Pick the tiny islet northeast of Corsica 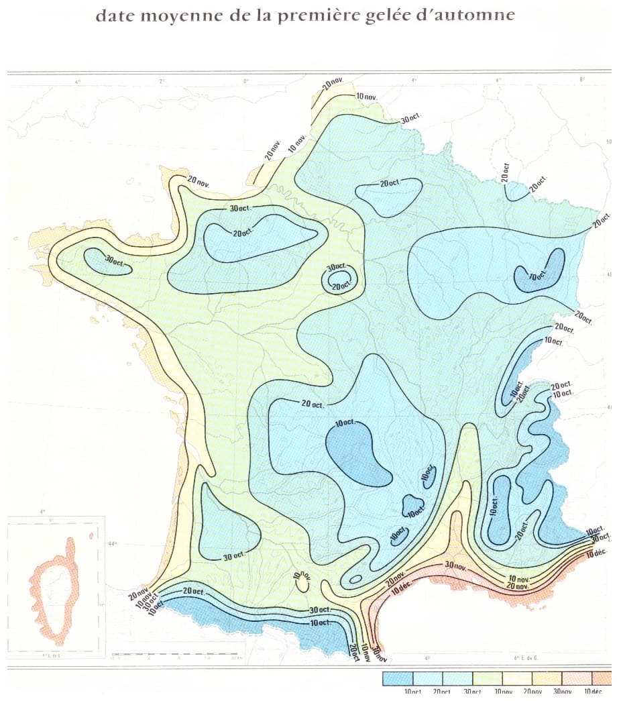click(91, 535)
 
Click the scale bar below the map click(176, 653)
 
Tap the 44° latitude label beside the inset click(111, 544)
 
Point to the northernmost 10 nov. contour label click(367, 97)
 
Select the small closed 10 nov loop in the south click(302, 581)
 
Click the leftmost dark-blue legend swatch click(397, 678)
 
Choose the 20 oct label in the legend click(441, 692)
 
